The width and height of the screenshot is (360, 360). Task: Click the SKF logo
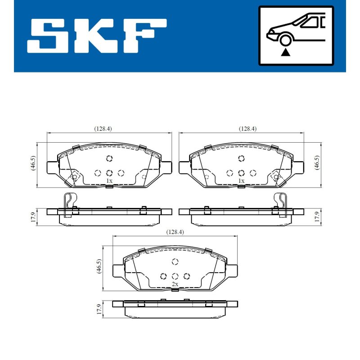[97, 36]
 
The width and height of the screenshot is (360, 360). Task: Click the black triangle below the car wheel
[285, 52]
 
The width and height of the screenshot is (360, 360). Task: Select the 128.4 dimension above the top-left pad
[103, 129]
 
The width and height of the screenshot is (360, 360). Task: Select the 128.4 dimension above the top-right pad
[248, 129]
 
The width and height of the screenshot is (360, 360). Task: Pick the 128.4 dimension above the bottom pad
[175, 232]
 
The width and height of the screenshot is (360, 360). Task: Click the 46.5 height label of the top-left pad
[33, 163]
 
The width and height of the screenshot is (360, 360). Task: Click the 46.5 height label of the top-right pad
[317, 162]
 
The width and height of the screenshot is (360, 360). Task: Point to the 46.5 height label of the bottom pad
[99, 266]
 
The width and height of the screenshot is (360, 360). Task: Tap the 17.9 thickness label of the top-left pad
[33, 217]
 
